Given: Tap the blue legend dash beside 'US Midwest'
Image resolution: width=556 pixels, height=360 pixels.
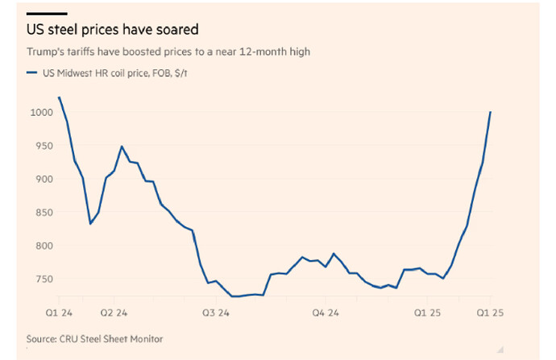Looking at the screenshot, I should click(31, 72).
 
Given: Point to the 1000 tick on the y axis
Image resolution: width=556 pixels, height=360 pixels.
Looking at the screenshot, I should click(39, 112).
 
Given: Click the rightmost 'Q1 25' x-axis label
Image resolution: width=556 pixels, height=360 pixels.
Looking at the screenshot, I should click(491, 310).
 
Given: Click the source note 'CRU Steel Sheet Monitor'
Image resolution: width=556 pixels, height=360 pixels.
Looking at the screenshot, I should click(113, 339).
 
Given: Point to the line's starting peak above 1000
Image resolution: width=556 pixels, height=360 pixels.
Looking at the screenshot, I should click(60, 97).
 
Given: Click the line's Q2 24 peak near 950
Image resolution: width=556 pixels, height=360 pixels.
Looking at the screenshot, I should click(121, 147).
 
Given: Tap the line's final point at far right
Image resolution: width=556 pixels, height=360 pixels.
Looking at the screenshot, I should click(491, 112).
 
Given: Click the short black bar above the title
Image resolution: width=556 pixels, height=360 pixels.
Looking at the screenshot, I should click(47, 14).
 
